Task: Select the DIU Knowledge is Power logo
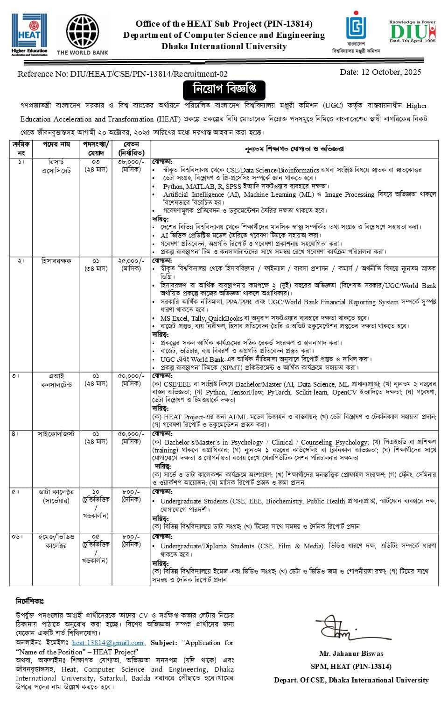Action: [412, 32]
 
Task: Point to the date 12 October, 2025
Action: [380, 72]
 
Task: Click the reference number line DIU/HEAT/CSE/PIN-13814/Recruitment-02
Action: [123, 74]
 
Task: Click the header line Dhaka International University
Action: [224, 46]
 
